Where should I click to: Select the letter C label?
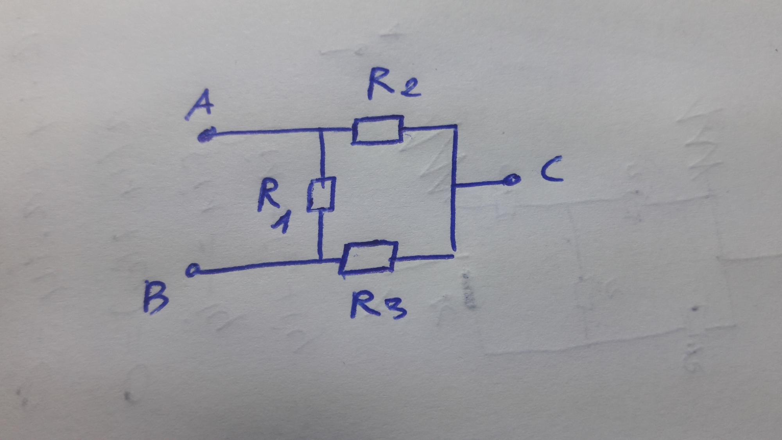552,169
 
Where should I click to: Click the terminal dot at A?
205,135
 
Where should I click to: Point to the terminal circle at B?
192,270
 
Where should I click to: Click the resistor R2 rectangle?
377,130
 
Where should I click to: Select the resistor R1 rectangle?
321,194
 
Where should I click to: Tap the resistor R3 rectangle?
368,257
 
